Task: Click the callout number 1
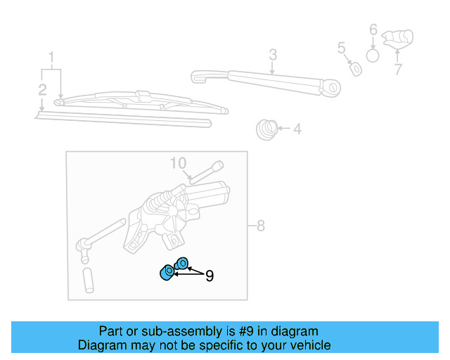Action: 51,56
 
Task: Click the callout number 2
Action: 42,89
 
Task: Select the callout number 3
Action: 273,54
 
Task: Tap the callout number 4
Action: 297,129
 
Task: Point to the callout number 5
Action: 342,48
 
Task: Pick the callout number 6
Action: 373,30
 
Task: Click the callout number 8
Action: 260,226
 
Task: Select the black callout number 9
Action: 209,276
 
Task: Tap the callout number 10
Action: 179,164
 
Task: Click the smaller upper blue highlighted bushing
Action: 181,264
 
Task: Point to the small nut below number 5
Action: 356,68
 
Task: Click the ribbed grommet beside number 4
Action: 266,129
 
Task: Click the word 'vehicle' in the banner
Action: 307,345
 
